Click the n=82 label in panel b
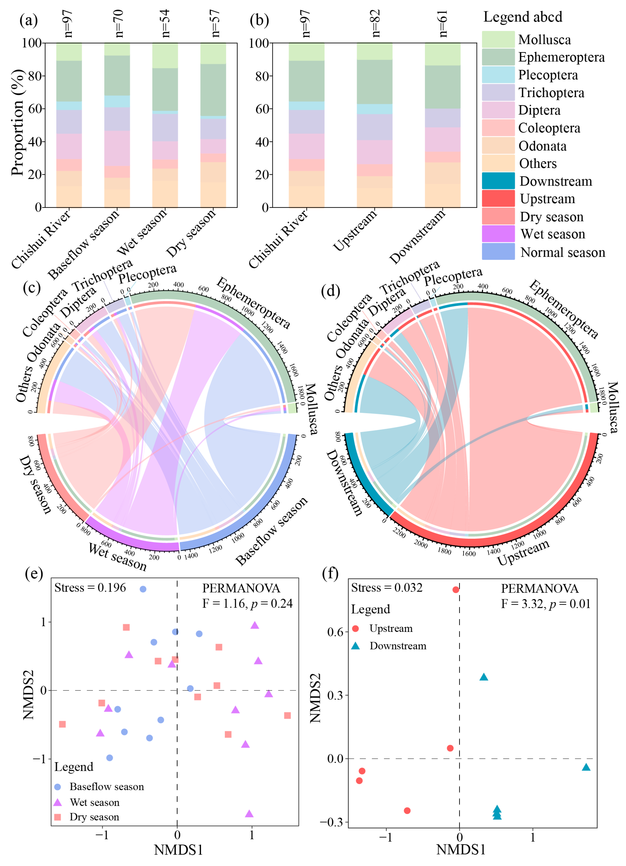376,23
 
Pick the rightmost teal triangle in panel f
586,767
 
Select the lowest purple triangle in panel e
249,814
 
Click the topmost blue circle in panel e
143,589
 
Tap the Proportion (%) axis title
17,123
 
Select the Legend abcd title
523,17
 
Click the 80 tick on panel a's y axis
35,76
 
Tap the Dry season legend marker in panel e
58,817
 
